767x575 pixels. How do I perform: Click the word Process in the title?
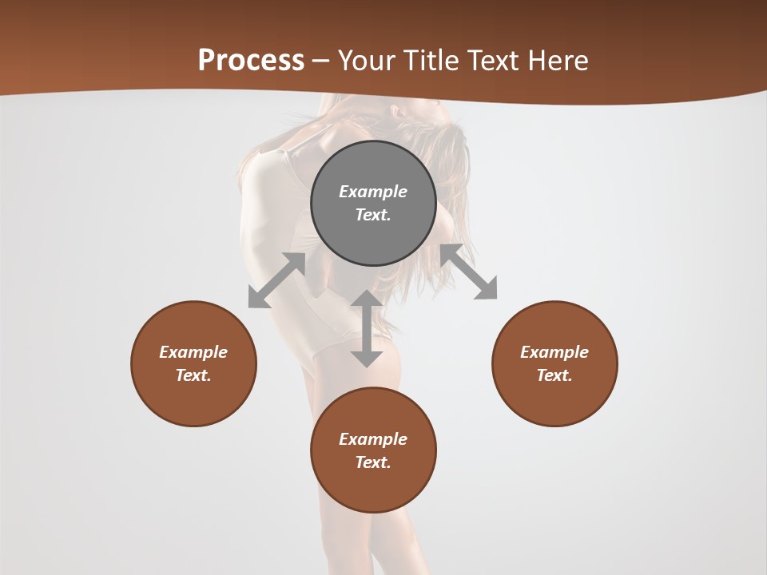click(251, 61)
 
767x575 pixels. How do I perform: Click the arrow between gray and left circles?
click(277, 280)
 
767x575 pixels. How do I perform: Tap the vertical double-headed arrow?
click(367, 328)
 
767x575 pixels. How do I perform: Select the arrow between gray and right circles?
click(469, 272)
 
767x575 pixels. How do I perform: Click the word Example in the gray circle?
click(373, 192)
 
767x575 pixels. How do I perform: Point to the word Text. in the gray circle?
click(373, 215)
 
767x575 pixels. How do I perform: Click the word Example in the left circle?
click(193, 352)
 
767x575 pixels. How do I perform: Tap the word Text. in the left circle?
click(193, 375)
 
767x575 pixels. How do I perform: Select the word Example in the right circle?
click(554, 352)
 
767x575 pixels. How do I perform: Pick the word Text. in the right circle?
click(554, 375)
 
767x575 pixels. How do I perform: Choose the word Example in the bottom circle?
click(373, 439)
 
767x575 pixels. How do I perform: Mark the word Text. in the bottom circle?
click(373, 462)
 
